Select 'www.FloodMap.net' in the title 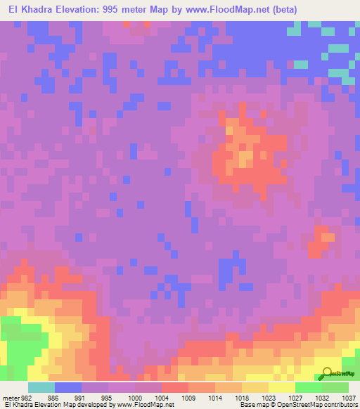coord(222,10)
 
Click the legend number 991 coord(79,397)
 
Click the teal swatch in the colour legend coord(41,387)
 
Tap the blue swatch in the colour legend coord(68,387)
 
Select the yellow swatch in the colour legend coord(282,387)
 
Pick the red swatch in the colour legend coord(175,387)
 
